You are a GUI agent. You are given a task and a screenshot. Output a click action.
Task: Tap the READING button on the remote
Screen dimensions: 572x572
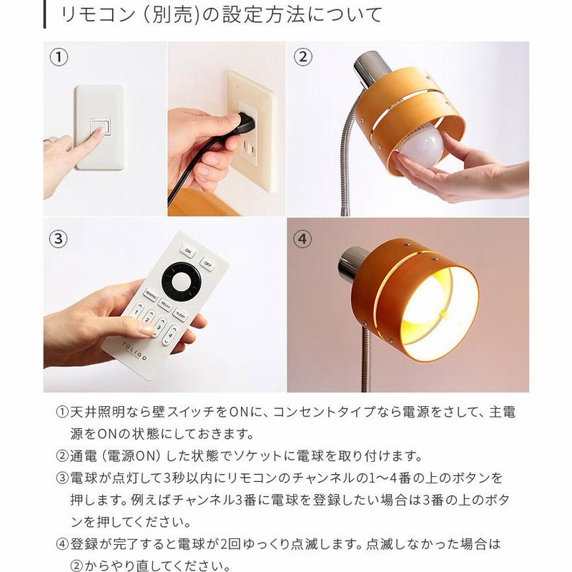click(x=151, y=294)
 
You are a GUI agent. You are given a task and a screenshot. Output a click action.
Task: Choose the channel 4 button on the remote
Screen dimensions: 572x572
click(x=172, y=331)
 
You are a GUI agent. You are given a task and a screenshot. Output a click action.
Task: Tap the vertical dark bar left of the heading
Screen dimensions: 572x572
click(x=46, y=14)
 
